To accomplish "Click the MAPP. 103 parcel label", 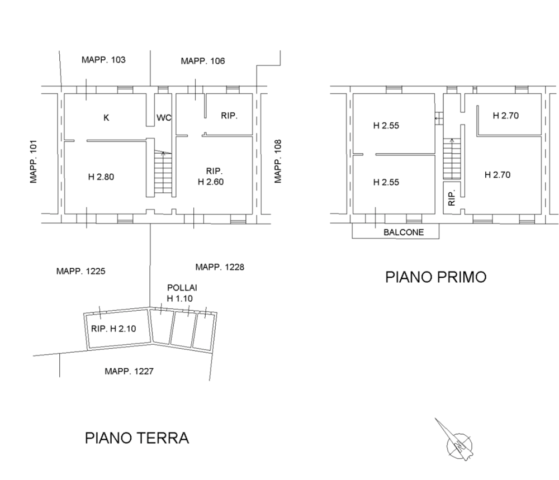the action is [103, 59].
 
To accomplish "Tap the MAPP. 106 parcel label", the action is [203, 61].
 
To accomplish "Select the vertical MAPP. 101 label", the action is [34, 161].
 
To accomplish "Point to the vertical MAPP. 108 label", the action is [278, 161].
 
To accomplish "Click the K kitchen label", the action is [106, 117].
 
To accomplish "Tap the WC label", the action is [164, 117].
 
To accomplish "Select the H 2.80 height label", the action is [101, 177].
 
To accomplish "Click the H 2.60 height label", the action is [211, 182].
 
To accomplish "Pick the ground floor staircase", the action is [163, 173].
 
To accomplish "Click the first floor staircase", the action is [452, 159].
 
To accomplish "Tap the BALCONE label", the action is [404, 232].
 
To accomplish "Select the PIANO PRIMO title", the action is [435, 277].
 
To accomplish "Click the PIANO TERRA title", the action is [136, 438].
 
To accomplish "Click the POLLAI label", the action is [182, 288].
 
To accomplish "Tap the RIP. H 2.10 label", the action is [113, 329].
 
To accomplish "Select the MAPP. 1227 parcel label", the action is [129, 371].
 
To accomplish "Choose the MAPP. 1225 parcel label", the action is [80, 271].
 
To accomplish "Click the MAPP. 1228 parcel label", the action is [220, 267].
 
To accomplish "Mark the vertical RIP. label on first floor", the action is [452, 198].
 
